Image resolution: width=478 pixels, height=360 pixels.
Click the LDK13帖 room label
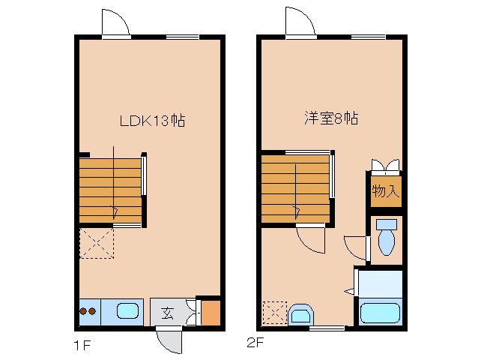point(152,119)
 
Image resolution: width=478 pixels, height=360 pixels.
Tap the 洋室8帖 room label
point(330,118)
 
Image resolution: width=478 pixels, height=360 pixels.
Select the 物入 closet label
point(385,191)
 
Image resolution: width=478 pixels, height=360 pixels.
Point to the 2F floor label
point(255,343)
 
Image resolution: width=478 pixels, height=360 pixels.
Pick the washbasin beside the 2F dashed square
point(301,315)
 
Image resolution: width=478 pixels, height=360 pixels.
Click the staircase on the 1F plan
point(111,189)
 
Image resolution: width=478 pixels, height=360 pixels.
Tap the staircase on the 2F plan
point(295,188)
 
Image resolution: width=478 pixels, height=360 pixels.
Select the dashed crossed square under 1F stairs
point(96,242)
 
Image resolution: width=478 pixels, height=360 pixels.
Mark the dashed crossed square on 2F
point(274,313)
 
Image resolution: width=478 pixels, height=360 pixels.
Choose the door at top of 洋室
point(300,22)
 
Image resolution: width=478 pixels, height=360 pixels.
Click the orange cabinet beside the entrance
point(211,312)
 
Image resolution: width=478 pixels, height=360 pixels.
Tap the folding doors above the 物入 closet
point(386,165)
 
